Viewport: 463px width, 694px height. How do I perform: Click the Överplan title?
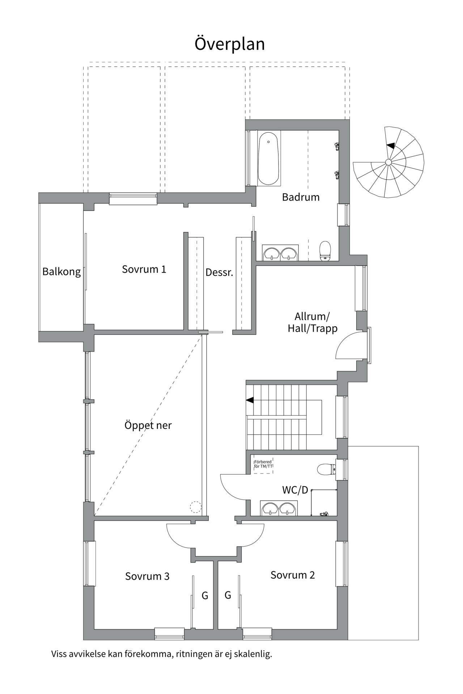pos(230,44)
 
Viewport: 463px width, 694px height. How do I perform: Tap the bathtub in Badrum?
pos(268,158)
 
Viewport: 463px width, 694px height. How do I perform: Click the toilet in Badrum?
pos(325,250)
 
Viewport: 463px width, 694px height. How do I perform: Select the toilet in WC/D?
pos(326,469)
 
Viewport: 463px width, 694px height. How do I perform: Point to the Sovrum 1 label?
pos(144,269)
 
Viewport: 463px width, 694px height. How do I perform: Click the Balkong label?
pos(61,271)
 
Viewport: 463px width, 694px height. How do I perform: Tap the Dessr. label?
pos(219,272)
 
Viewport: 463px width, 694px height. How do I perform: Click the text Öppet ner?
pos(148,425)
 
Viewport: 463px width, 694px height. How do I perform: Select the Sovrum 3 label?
pos(147,576)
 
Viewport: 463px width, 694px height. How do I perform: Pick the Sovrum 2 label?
pos(293,575)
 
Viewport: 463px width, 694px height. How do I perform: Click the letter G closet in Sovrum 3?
pos(205,596)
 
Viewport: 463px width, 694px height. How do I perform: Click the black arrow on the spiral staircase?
pos(390,146)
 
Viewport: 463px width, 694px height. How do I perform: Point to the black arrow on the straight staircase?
pos(250,400)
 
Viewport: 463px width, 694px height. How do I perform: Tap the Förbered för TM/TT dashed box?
pos(263,464)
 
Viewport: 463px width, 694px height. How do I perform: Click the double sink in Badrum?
pos(280,253)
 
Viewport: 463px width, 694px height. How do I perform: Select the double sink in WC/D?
pos(279,508)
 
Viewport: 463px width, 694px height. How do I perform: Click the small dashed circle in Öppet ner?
pos(195,507)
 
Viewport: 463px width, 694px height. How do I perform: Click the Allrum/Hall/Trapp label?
pos(313,322)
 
